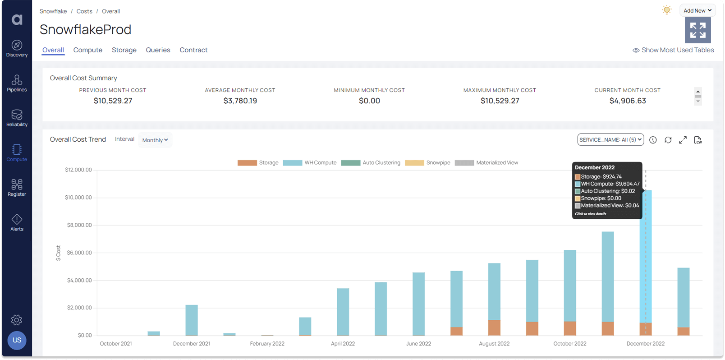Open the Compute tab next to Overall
pyautogui.click(x=87, y=50)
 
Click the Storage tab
pyautogui.click(x=124, y=50)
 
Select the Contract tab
pyautogui.click(x=193, y=50)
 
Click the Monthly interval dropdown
pyautogui.click(x=155, y=140)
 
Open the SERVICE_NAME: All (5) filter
pyautogui.click(x=610, y=140)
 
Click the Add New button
pyautogui.click(x=697, y=10)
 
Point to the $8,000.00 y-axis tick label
pyautogui.click(x=79, y=225)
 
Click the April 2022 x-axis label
pyautogui.click(x=343, y=344)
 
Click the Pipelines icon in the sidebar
pyautogui.click(x=17, y=83)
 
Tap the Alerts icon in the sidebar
pyautogui.click(x=17, y=222)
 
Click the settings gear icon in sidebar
pyautogui.click(x=17, y=320)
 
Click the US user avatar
pyautogui.click(x=17, y=340)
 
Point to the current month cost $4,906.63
pyautogui.click(x=627, y=101)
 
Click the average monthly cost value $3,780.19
pyautogui.click(x=240, y=101)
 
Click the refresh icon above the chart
pyautogui.click(x=668, y=140)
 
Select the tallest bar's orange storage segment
pyautogui.click(x=645, y=329)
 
